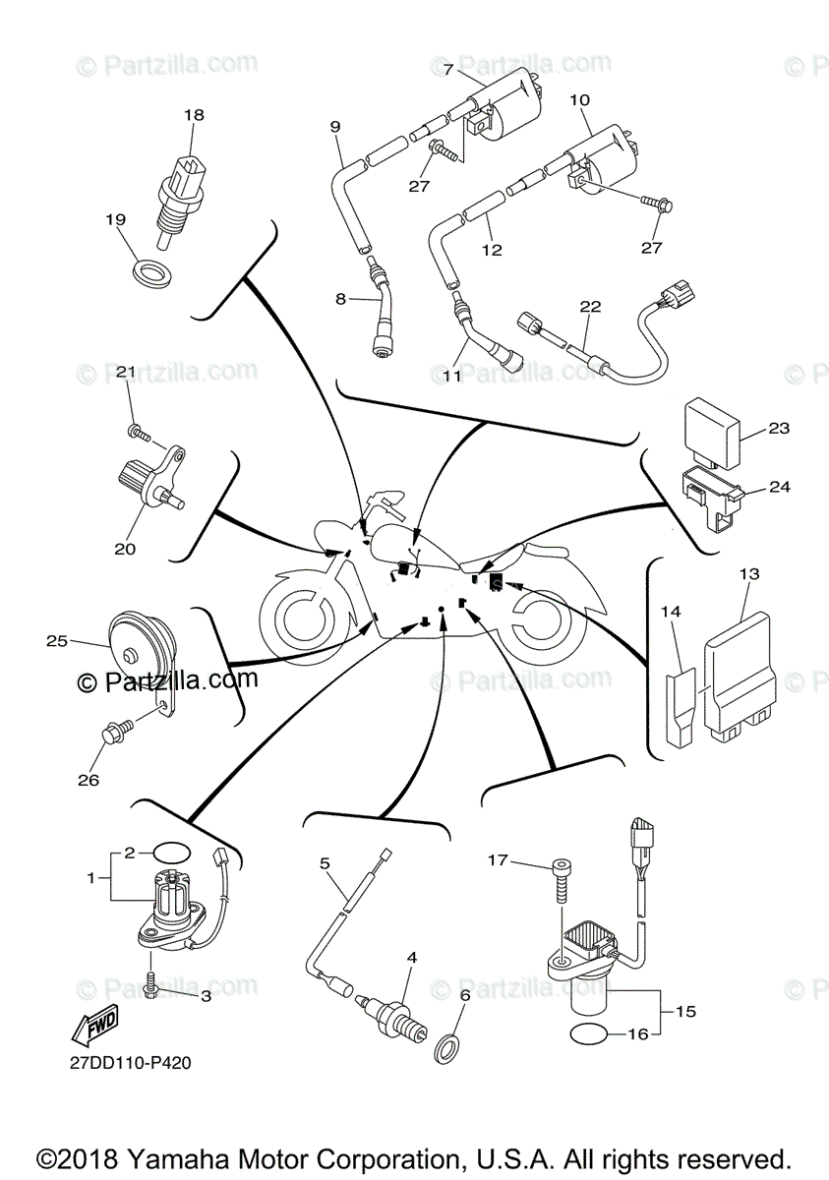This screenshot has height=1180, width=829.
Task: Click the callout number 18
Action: click(x=194, y=115)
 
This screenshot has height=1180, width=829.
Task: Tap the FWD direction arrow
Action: click(x=94, y=1029)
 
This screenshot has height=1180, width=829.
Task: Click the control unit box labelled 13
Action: click(x=740, y=678)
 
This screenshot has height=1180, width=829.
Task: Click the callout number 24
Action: click(x=779, y=486)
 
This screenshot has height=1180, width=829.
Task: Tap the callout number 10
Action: click(x=579, y=100)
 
